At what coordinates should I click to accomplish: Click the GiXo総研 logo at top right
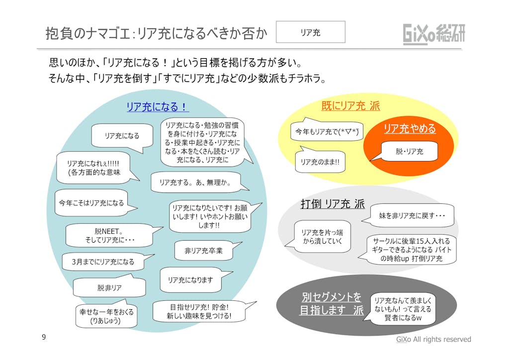(434, 34)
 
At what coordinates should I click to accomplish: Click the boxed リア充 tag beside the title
(310, 32)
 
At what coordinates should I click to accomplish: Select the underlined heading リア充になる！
(157, 107)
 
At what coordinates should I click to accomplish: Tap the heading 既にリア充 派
(350, 106)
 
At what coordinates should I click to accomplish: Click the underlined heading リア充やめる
(410, 129)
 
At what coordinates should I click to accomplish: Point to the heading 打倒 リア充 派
(333, 204)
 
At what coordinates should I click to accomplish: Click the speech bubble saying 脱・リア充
(409, 151)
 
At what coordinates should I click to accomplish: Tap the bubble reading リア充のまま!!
(320, 162)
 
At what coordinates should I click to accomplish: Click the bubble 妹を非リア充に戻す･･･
(412, 216)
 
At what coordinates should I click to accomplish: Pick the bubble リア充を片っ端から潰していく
(322, 237)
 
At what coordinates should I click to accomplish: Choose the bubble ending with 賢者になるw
(403, 309)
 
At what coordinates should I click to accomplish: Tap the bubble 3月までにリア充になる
(103, 262)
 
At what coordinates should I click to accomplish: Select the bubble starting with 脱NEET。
(108, 236)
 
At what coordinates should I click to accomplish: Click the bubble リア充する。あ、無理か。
(194, 182)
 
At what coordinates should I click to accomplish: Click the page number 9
(44, 338)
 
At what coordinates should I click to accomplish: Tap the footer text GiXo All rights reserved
(433, 339)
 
